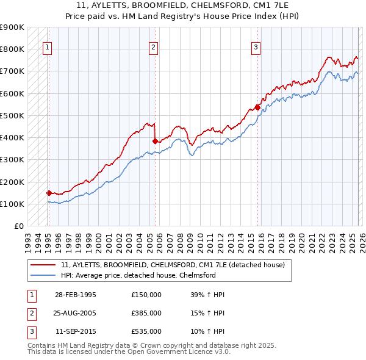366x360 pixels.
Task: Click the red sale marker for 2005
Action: (155, 141)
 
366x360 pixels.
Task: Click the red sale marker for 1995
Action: (49, 193)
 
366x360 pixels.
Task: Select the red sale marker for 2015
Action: (257, 107)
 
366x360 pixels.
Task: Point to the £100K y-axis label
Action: (12, 204)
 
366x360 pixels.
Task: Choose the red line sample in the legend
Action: (43, 265)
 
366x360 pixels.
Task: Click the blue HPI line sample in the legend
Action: (43, 275)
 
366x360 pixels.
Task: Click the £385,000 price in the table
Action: (146, 313)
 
